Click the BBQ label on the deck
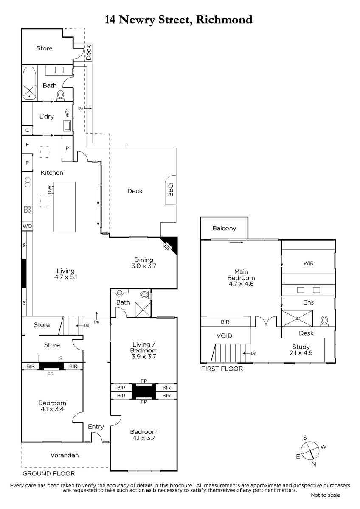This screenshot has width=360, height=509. (171, 190)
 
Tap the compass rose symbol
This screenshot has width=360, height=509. (310, 450)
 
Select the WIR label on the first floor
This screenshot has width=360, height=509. (308, 263)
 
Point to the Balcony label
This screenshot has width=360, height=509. (224, 228)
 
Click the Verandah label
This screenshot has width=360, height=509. (65, 455)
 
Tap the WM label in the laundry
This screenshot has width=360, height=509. (67, 113)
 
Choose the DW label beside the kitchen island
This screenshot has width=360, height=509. (50, 190)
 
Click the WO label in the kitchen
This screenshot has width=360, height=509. (27, 226)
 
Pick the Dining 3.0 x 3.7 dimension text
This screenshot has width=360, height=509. (144, 263)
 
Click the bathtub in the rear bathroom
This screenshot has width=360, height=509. (30, 84)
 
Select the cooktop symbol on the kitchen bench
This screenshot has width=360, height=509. (28, 209)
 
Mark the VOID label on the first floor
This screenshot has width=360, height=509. (224, 336)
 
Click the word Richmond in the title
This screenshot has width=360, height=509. (224, 20)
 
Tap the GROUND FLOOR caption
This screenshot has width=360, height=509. (49, 473)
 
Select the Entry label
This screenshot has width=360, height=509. (96, 427)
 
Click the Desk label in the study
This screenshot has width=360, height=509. (306, 333)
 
